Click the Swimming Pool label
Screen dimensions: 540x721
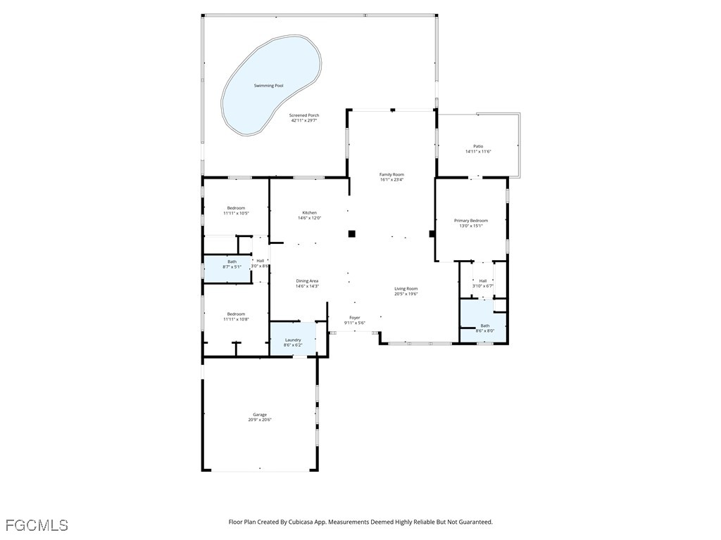(x=269, y=86)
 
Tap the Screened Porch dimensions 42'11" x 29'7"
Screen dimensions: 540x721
(x=305, y=120)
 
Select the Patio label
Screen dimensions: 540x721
(x=478, y=146)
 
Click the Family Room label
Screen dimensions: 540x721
(x=391, y=174)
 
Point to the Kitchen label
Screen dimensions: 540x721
(x=309, y=212)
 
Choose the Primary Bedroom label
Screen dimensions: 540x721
(x=470, y=221)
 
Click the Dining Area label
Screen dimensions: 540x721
(x=307, y=281)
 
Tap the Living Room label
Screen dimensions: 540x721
(x=406, y=288)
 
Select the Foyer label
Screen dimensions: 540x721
(x=355, y=318)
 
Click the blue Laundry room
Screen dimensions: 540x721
(x=293, y=340)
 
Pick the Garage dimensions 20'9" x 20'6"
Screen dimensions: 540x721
(x=259, y=420)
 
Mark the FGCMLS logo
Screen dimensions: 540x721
(x=37, y=525)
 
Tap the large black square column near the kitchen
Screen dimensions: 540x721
(x=352, y=233)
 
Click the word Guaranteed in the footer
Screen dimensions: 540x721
(x=475, y=522)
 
